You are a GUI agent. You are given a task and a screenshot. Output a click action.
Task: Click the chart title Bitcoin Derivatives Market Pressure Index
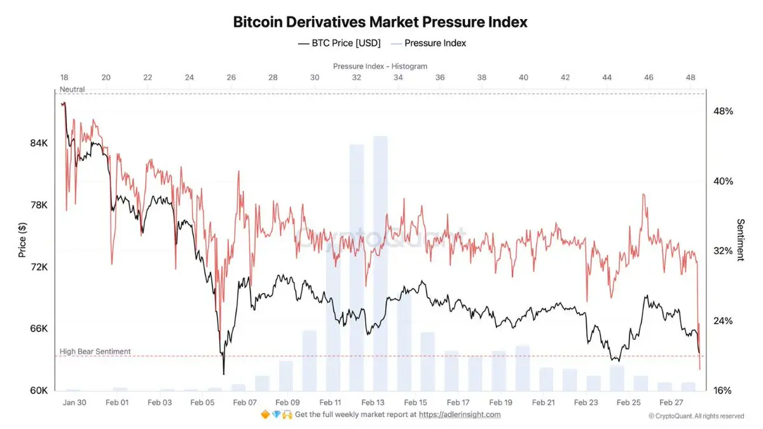[380, 22]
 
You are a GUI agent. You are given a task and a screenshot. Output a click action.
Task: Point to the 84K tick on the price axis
[39, 144]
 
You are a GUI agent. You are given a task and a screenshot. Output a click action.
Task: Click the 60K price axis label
[39, 390]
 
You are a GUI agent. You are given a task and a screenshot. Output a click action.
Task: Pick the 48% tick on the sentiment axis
[723, 111]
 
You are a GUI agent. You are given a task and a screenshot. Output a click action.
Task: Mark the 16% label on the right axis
[723, 390]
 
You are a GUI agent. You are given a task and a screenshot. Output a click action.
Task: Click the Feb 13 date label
[373, 402]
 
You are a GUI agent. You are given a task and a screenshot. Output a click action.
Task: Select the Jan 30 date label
[74, 402]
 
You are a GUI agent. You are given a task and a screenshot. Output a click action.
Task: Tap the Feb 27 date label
[671, 402]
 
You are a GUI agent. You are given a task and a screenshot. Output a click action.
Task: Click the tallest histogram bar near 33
[380, 254]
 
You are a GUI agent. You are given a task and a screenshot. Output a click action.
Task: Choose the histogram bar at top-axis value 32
[357, 267]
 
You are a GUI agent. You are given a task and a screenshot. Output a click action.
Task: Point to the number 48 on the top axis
[691, 78]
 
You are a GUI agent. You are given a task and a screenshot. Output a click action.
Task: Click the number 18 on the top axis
[64, 78]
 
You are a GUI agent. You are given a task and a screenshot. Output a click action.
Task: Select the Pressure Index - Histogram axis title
[380, 66]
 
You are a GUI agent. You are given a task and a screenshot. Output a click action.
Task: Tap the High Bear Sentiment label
[95, 351]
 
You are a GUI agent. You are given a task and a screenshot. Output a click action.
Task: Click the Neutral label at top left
[72, 90]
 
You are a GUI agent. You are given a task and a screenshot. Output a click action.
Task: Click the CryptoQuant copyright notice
[696, 416]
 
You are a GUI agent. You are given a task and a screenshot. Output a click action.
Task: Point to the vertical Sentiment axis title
[741, 240]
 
